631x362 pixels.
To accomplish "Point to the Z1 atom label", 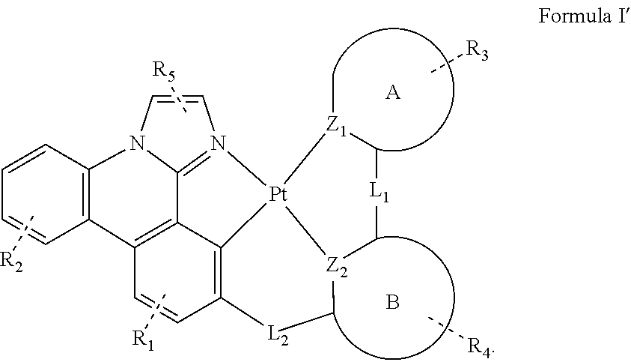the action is click(x=337, y=127).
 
